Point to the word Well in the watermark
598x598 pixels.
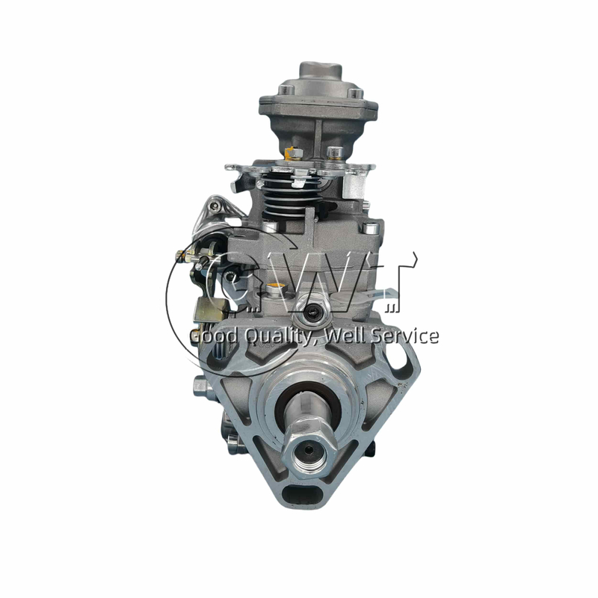[x=347, y=336]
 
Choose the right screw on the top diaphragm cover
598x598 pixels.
[x=358, y=95]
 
